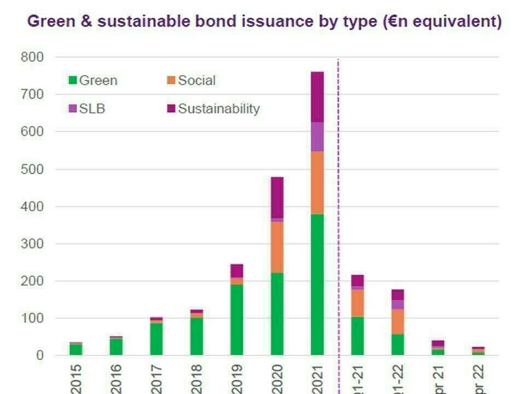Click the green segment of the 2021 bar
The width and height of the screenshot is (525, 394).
point(317,284)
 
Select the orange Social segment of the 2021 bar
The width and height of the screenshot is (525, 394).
point(317,182)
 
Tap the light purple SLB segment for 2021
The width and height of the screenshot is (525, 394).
point(317,136)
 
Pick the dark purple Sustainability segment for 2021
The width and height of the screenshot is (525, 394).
point(317,97)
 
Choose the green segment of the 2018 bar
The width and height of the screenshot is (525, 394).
point(197,336)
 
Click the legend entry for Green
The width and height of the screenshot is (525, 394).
point(94,80)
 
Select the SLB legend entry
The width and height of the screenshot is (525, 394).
point(87,108)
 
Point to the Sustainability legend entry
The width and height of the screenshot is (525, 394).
point(213,108)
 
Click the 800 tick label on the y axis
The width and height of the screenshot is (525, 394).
point(33,57)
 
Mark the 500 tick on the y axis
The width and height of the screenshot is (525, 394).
point(33,169)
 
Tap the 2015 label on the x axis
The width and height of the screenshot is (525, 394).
point(76,379)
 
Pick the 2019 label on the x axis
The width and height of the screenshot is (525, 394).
point(237,379)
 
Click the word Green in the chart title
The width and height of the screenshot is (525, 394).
point(51,22)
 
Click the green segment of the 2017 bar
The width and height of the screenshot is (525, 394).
point(156,339)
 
